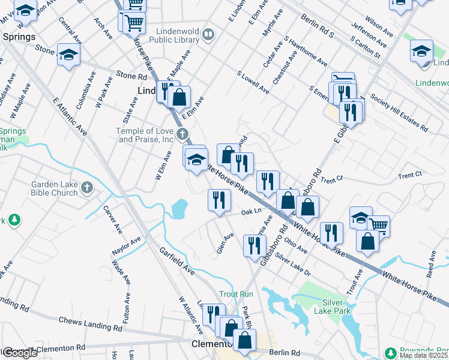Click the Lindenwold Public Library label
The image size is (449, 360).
pos(170,35)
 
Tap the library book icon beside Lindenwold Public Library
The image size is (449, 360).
pos(208,35)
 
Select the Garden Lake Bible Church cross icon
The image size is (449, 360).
pos(86,188)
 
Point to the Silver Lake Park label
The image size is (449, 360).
pos(336,307)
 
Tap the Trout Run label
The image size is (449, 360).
pos(236,294)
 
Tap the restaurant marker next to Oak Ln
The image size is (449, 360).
pos(219,199)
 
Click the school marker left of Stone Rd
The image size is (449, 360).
pos(69,55)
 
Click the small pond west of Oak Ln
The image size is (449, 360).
pos(179,209)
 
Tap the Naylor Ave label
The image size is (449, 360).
pos(125,247)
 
